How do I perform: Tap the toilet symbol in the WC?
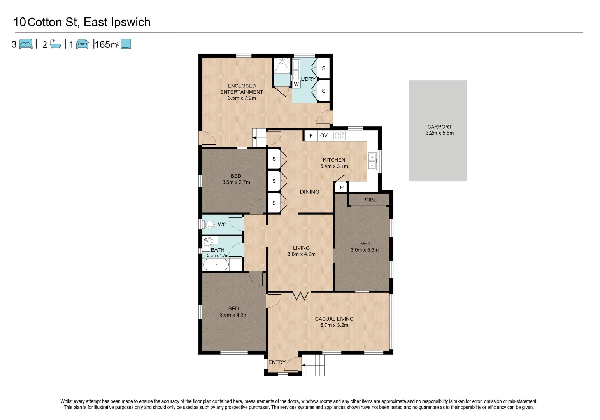coord(209,224)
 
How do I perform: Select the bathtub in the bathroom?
coord(216,265)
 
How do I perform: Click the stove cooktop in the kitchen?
coord(339,135)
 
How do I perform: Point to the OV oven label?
coord(324,135)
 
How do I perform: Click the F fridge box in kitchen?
coord(311,135)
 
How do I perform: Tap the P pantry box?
coord(342,187)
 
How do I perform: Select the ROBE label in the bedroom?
coord(369,200)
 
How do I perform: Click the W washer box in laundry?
coord(296,84)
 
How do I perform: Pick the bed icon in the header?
coord(26,44)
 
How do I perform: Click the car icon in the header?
coord(82,44)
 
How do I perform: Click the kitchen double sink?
coord(372,161)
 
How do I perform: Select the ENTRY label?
coord(277,362)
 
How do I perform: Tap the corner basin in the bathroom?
coord(207,242)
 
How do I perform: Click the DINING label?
coord(309,192)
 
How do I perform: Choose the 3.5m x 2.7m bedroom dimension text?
coord(236,182)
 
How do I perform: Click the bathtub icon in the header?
coord(56,44)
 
